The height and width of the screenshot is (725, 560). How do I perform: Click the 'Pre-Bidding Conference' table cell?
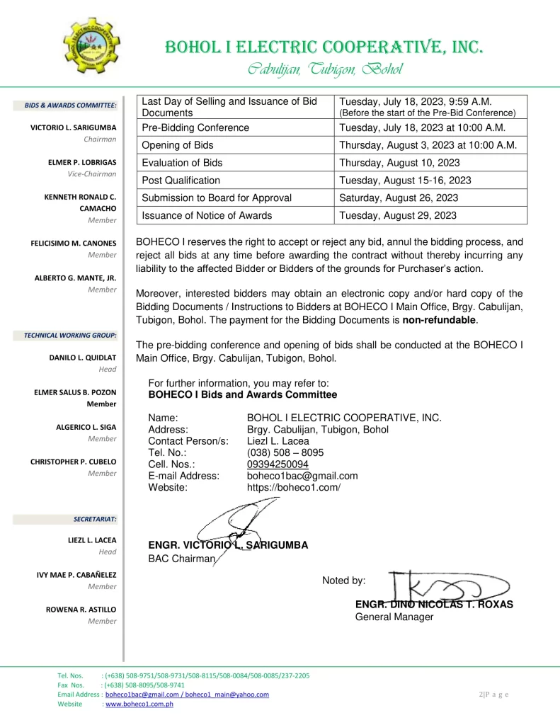point(196,127)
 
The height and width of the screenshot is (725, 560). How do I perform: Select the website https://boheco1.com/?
point(293,487)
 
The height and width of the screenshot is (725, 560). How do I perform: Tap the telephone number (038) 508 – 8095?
point(285,452)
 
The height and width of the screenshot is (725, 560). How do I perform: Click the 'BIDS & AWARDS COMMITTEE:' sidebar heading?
point(70,105)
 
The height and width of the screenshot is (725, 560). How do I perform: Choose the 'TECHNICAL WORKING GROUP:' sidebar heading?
point(70,335)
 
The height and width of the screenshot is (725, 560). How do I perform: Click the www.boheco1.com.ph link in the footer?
point(139,704)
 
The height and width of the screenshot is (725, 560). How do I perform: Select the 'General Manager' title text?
point(394,617)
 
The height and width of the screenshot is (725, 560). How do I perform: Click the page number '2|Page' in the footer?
point(493,694)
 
